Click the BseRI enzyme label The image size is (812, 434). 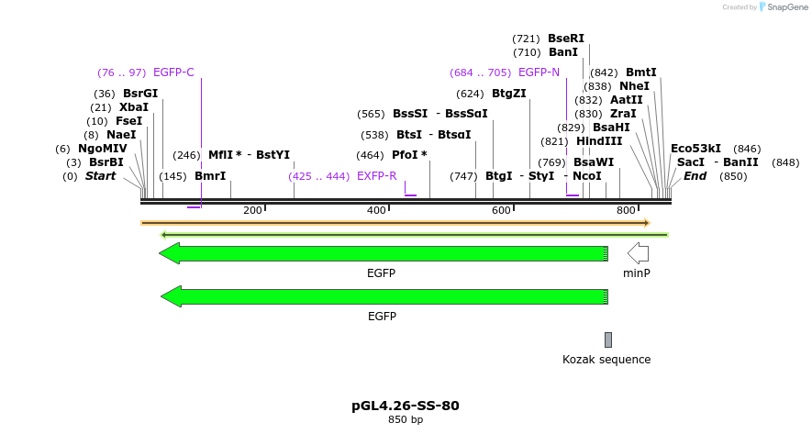point(565,39)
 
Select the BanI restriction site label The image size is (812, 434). point(563,52)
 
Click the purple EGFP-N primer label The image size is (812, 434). point(539,72)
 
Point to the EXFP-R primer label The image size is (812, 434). point(376,176)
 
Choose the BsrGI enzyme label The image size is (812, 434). point(140,94)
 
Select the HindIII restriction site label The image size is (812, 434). point(599,141)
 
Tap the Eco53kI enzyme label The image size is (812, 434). point(695,149)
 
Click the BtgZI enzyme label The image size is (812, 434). point(508,94)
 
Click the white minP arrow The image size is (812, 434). point(638,253)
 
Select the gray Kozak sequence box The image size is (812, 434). point(607,339)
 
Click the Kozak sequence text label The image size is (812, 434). point(606,360)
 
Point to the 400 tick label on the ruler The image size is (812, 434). point(376,211)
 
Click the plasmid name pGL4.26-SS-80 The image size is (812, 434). point(405,405)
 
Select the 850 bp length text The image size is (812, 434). point(405,420)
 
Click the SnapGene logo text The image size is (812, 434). point(783,7)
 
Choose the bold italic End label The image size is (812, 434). point(695,176)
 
